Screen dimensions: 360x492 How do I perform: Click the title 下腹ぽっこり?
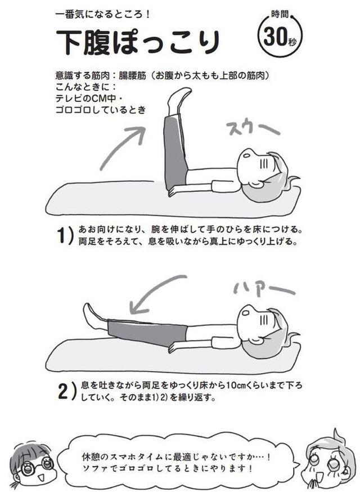137,42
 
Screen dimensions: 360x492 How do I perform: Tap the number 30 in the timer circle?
275,37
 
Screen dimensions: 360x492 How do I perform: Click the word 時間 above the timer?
280,15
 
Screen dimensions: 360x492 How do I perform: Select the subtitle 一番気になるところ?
102,14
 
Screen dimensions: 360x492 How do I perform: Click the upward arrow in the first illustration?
123,148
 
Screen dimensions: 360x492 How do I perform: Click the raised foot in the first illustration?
178,101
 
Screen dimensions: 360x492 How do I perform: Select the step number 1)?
65,235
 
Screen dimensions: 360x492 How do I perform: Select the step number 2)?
67,390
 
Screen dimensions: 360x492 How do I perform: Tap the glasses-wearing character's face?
34,464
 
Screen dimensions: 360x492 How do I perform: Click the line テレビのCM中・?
90,99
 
